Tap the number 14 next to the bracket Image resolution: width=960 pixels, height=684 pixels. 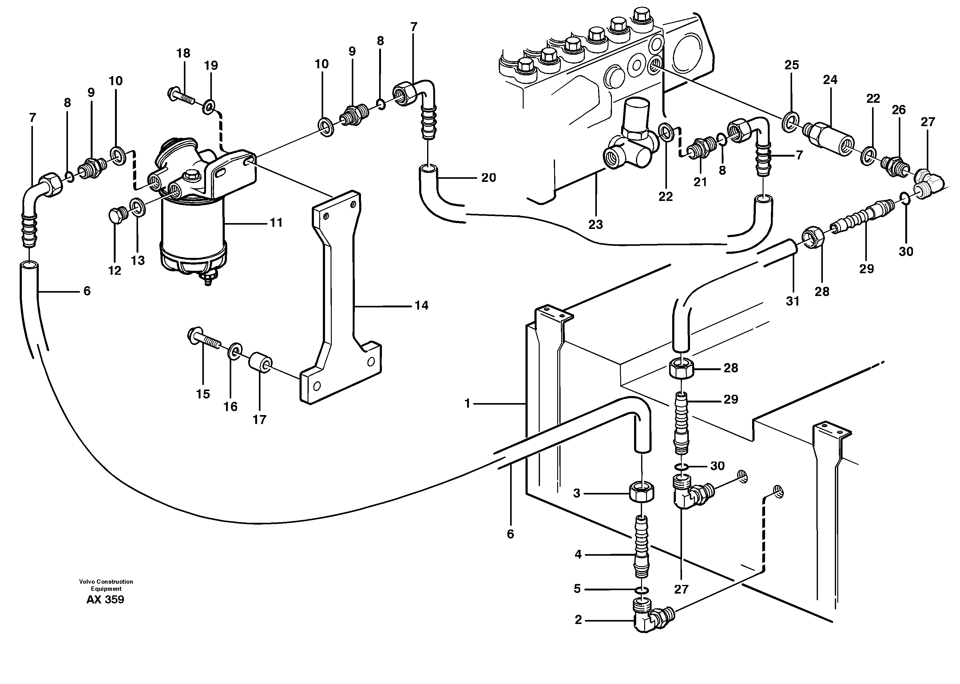tap(421, 306)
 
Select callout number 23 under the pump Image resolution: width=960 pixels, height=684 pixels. tap(595, 225)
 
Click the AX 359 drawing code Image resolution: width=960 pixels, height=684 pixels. tap(105, 599)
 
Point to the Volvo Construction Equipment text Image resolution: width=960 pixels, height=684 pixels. tap(106, 585)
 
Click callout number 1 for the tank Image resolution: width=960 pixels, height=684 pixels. tap(467, 403)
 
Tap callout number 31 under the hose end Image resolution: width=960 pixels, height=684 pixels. tap(792, 301)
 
